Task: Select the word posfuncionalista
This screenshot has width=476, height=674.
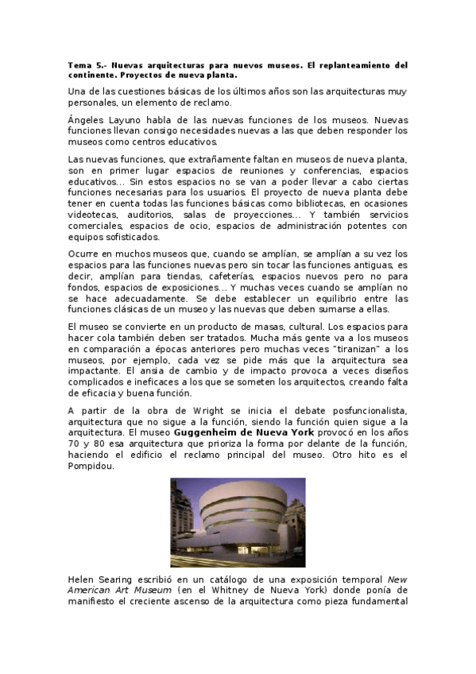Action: [x=363, y=409]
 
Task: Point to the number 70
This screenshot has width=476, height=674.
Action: [x=76, y=443]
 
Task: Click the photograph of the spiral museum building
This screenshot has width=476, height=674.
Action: [x=238, y=521]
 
